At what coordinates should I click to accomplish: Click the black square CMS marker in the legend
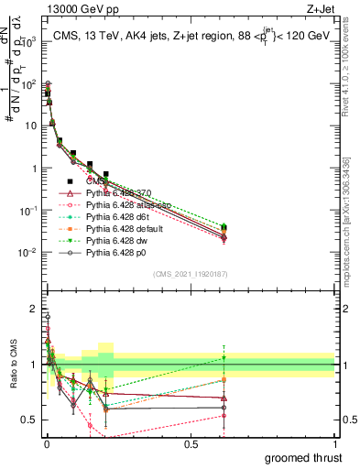click(x=70, y=180)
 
